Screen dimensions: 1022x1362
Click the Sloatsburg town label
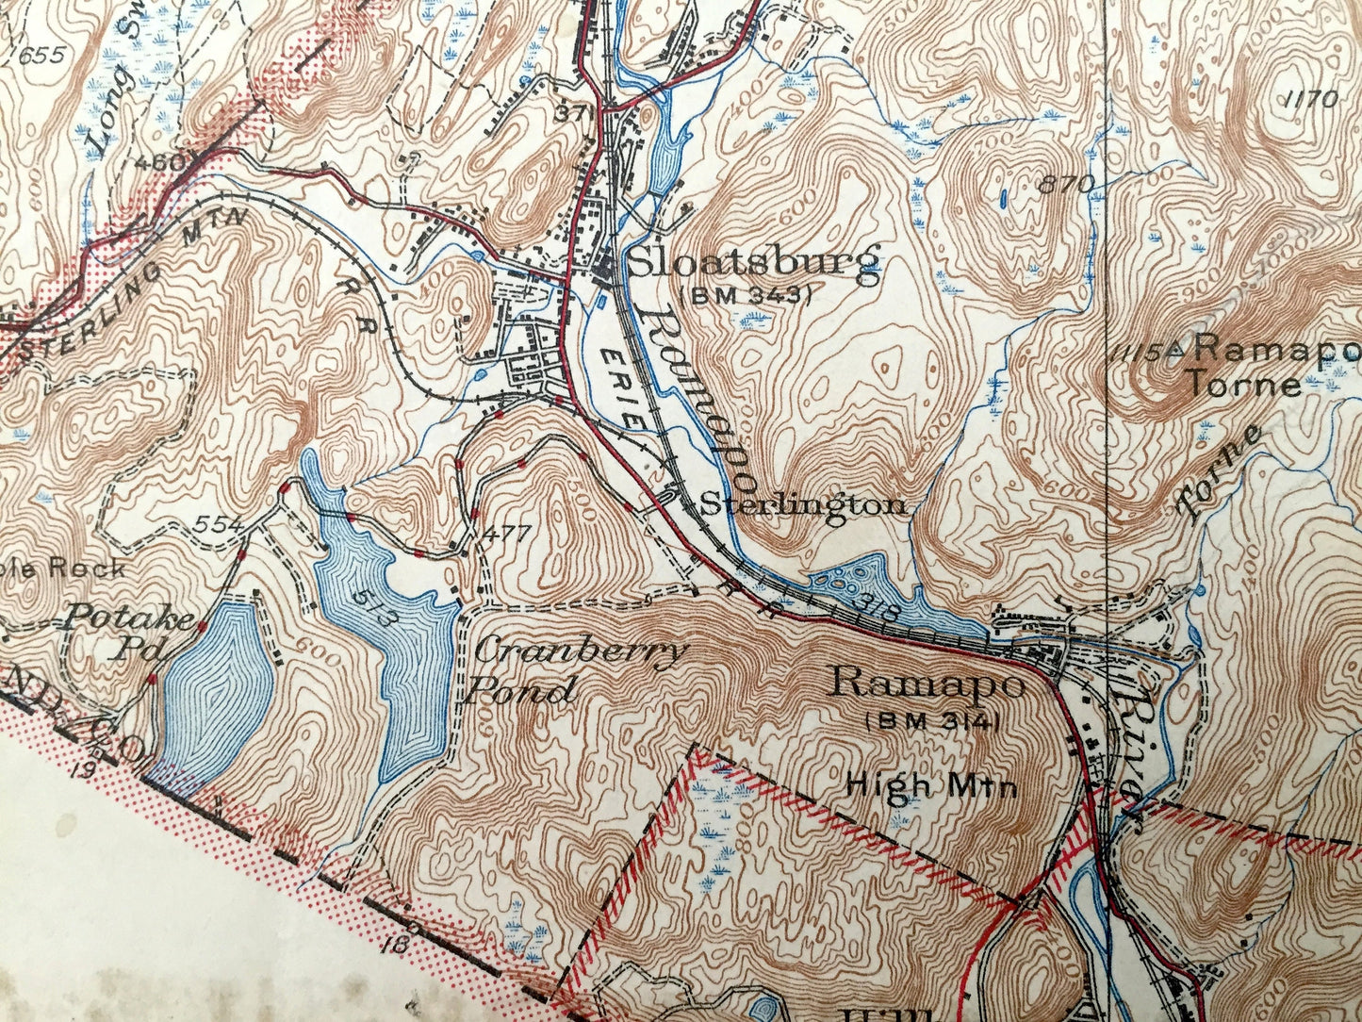pos(753,263)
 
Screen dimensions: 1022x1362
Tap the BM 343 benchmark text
pos(751,295)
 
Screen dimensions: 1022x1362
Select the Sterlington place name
pos(803,505)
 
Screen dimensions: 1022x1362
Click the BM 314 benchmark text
pos(931,721)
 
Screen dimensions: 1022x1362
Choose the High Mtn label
pos(932,783)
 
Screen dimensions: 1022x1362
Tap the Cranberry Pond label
pos(577,670)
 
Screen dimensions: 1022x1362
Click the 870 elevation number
pos(1067,184)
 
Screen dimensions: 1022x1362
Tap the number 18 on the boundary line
pos(394,942)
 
